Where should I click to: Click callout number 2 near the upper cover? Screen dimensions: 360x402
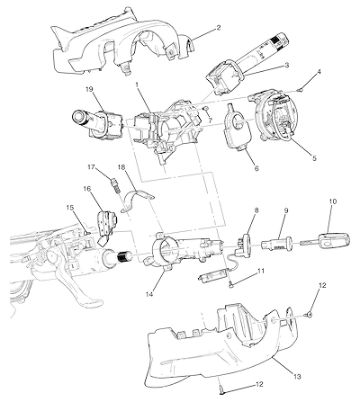(x=219, y=28)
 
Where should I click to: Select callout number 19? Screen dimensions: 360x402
(x=89, y=89)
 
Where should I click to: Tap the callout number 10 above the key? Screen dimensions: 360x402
(x=333, y=201)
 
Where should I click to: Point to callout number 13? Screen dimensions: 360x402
(x=298, y=377)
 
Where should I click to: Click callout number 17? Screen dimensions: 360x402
(x=91, y=166)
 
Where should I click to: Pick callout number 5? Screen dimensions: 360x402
(x=314, y=158)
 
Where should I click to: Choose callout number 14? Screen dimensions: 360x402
(x=149, y=295)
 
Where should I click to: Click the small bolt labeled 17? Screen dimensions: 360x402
(x=115, y=183)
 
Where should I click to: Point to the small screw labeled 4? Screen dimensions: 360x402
(x=299, y=89)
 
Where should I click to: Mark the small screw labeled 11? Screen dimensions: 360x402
(x=231, y=285)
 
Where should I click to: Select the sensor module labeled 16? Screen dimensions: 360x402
(x=107, y=225)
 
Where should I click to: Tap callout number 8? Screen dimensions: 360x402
(x=256, y=210)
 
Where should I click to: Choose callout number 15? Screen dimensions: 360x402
(x=69, y=207)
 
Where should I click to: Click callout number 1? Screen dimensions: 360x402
(x=137, y=85)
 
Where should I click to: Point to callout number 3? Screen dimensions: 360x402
(x=287, y=65)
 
